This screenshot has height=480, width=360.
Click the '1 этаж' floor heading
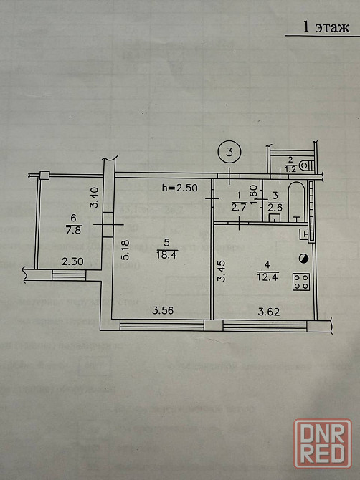pos(326,27)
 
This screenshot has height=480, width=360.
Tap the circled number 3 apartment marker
pos(229,152)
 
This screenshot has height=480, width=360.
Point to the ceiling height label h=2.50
pos(180,188)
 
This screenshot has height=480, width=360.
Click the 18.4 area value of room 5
pos(166,255)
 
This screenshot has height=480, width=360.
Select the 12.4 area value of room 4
pos(267,277)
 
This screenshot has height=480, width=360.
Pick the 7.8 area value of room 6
pos(74,229)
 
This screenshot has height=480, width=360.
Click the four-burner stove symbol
pos(301,282)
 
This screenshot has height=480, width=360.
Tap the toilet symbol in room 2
pos(305,165)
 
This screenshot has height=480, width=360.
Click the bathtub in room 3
pos(297,201)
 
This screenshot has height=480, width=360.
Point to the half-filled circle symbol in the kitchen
pos(303,259)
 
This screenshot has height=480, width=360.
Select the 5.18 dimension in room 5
pos(125,250)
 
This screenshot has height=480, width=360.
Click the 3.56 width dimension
pos(163,311)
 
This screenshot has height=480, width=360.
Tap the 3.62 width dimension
pos(269,312)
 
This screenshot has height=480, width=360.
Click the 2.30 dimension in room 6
pos(72,261)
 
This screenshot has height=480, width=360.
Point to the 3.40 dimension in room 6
pos(95,198)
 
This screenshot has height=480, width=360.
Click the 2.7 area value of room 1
pos(238,208)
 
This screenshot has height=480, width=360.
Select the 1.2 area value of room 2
pos(290,168)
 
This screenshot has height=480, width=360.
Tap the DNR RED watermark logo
pos(323,443)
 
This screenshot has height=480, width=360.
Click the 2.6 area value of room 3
pos(276,208)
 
